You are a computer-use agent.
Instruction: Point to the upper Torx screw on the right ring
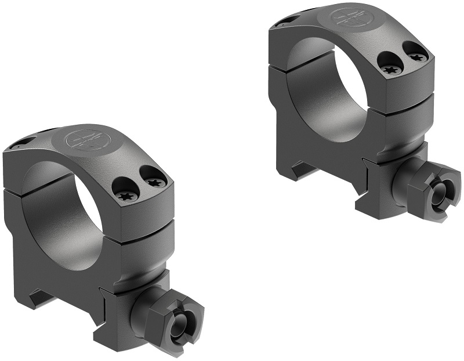[417, 56]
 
